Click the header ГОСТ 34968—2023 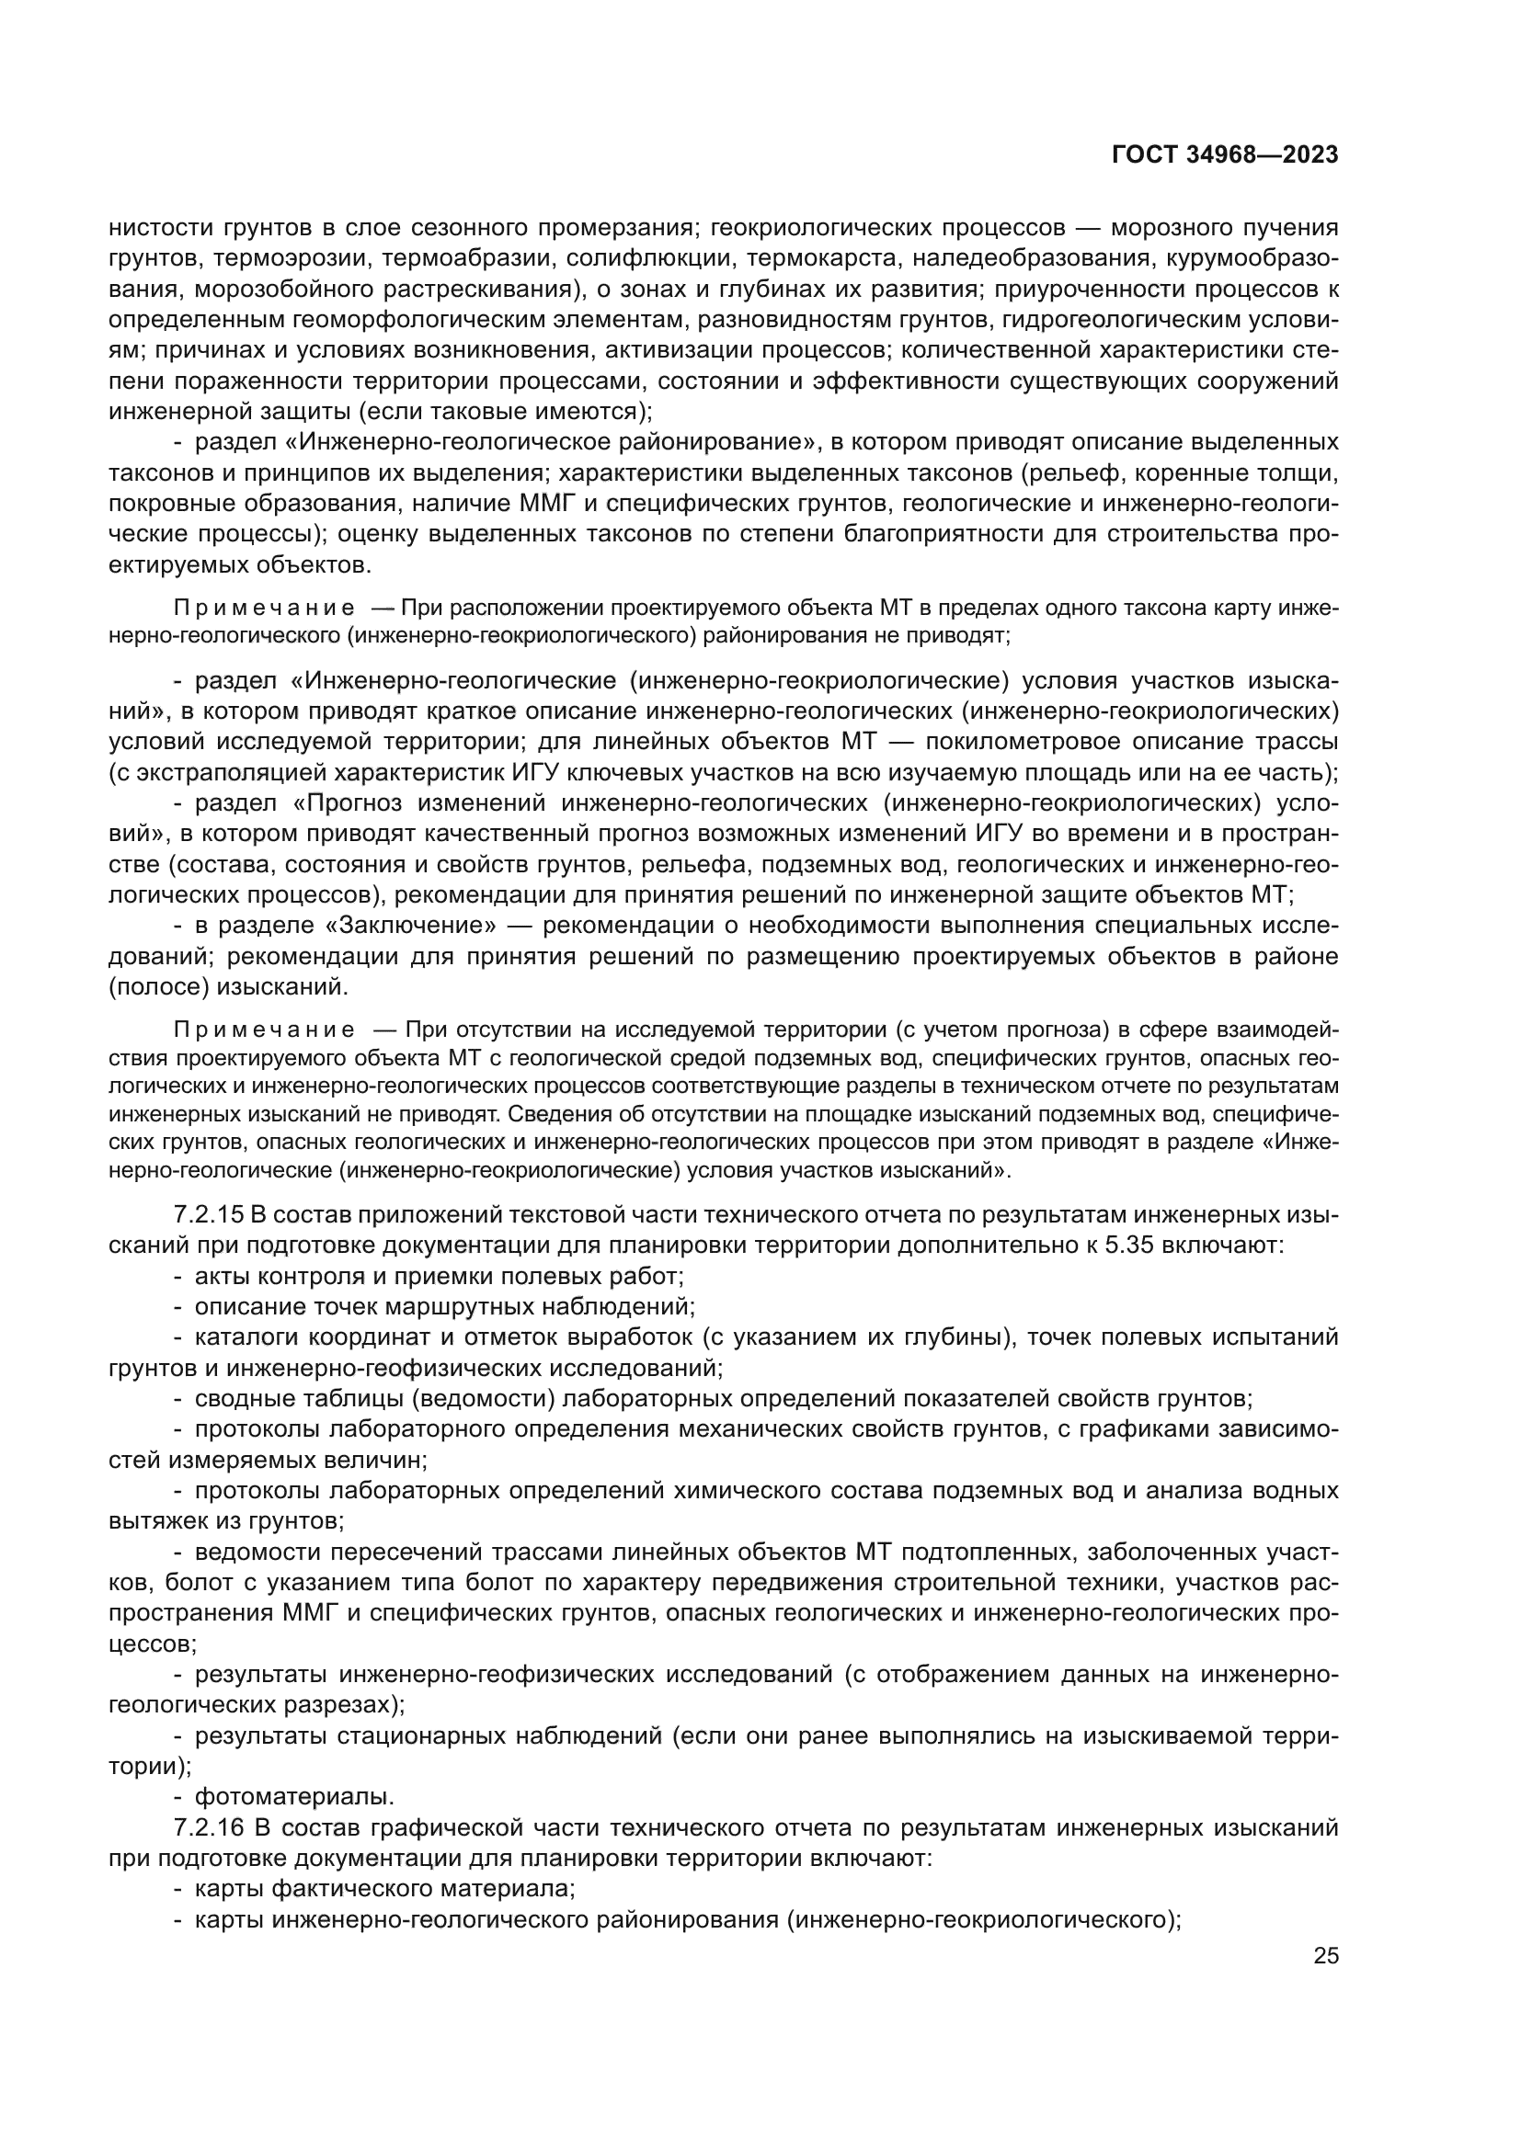[x=1225, y=155]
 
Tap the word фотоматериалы [x=294, y=1796]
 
